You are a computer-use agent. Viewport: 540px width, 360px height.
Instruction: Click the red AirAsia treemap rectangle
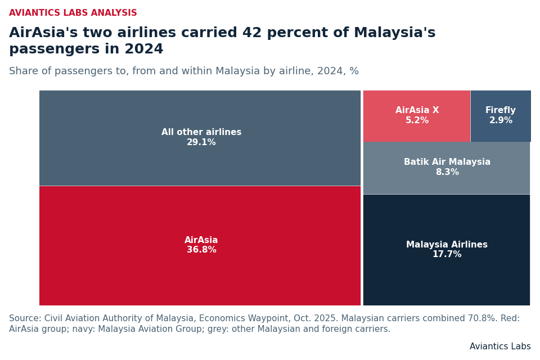[200, 246]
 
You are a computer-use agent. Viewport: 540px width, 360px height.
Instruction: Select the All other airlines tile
[200, 138]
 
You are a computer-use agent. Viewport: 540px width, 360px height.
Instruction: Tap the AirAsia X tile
[417, 116]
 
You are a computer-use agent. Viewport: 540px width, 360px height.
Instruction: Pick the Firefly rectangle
[501, 116]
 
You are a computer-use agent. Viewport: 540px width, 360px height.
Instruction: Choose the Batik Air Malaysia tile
[447, 168]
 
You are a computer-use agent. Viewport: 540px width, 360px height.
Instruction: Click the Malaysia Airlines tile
[447, 250]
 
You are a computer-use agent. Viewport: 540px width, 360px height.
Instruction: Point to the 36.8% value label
[201, 250]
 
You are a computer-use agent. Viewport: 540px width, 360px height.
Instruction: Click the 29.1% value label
[201, 142]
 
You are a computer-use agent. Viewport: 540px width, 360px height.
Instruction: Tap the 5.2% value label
[417, 120]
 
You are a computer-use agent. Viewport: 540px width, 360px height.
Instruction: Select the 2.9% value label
[501, 120]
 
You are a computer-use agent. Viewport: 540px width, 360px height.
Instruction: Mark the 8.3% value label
[447, 172]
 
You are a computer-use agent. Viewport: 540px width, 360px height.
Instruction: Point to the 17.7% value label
[447, 254]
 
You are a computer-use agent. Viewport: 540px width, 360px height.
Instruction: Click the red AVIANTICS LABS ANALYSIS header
[73, 13]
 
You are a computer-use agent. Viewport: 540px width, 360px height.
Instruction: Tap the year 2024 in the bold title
[144, 49]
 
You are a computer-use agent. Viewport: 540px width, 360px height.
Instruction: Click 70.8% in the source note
[482, 318]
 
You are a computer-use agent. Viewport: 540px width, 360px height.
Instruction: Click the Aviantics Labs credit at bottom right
[500, 346]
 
